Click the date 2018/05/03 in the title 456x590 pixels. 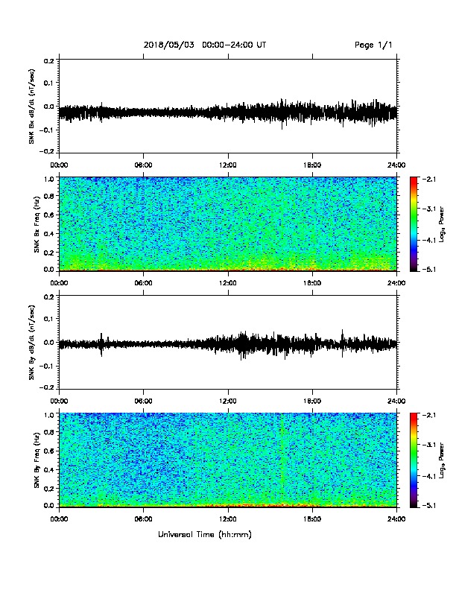(169, 45)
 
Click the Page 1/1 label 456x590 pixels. (373, 45)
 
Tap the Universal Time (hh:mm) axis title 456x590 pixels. (205, 534)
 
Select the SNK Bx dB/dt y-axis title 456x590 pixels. (31, 106)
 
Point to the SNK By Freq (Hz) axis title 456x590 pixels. (37, 460)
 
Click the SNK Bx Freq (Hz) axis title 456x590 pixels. (37, 224)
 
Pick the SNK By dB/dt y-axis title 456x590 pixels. (31, 342)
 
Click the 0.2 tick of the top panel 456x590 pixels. (49, 60)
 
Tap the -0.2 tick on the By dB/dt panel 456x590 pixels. (48, 387)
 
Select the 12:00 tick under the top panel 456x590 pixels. (228, 165)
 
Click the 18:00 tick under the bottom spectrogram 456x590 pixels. (312, 519)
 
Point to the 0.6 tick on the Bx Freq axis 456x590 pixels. (49, 215)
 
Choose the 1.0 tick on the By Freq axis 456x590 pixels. (49, 415)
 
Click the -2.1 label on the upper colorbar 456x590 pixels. (428, 179)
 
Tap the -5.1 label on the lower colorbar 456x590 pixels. (428, 505)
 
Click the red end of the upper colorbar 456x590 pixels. (414, 180)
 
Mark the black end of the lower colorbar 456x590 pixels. (414, 504)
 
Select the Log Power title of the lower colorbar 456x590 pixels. (442, 460)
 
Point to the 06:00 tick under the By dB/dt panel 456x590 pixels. (143, 401)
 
